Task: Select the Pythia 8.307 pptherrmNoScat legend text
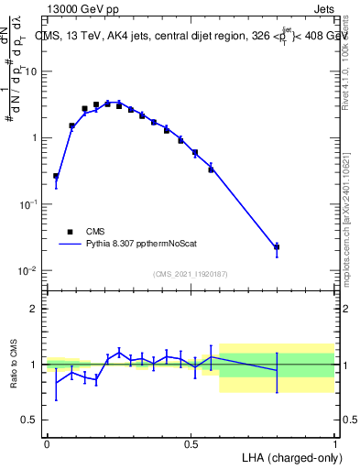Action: coord(140,245)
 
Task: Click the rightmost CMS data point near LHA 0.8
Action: coord(277,247)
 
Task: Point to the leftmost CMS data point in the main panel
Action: coord(56,176)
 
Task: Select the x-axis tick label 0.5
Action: coord(191,444)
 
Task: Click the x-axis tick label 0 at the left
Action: coord(47,444)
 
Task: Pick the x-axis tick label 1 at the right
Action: coord(335,444)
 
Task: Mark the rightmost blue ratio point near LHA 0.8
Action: coord(277,370)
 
